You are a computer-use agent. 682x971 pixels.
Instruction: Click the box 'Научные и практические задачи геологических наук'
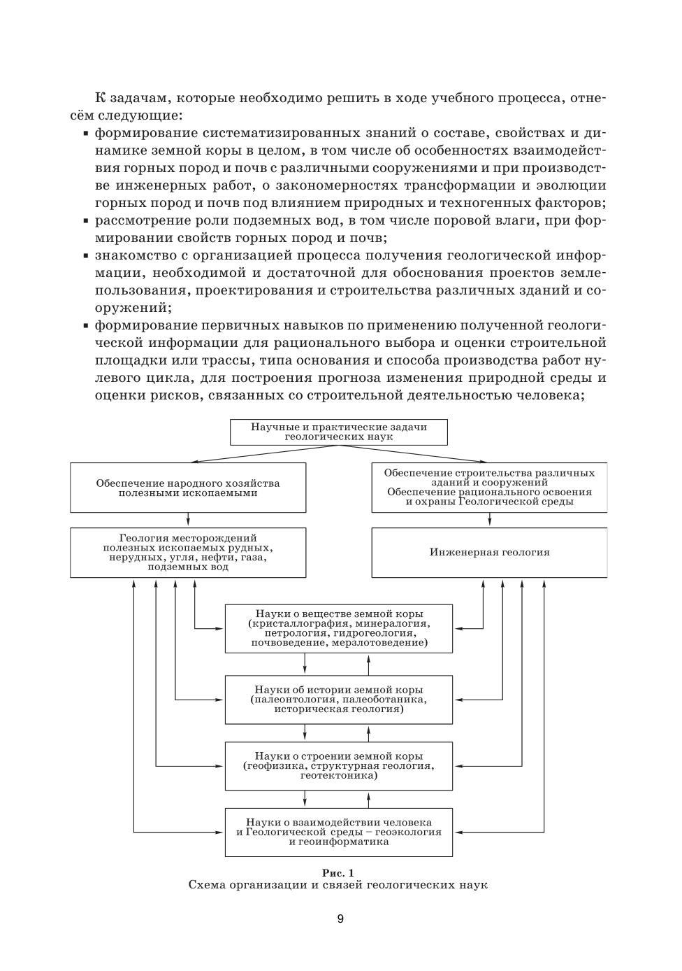tap(339, 432)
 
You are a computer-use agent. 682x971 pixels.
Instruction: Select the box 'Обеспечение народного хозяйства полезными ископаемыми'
tap(188, 488)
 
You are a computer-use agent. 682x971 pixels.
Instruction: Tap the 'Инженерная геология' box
tap(489, 553)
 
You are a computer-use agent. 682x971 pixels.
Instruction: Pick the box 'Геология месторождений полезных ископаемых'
tap(188, 553)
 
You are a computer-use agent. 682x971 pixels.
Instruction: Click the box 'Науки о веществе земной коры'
tap(339, 628)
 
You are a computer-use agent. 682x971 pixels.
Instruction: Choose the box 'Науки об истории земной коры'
tap(339, 699)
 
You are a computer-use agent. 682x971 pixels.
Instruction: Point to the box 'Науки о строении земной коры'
tap(339, 765)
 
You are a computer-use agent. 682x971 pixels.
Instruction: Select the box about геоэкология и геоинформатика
tap(339, 832)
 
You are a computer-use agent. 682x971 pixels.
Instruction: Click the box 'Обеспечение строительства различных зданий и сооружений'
tap(489, 488)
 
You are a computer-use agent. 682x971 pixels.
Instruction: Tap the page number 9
tap(340, 919)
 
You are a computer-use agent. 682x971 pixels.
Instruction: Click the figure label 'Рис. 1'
tap(338, 872)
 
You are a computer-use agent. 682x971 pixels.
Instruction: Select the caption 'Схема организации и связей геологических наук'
tap(338, 885)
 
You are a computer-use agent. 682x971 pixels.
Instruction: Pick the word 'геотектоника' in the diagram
tap(339, 775)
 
